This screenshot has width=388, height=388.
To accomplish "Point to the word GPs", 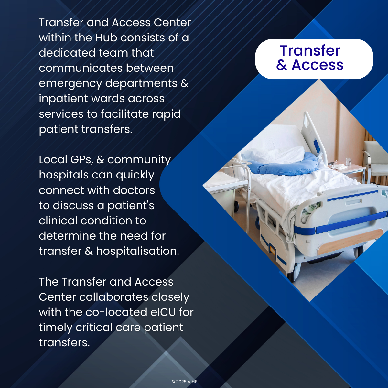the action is click(82, 160).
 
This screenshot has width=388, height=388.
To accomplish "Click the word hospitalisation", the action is click(137, 251).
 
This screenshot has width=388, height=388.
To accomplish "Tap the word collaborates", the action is click(113, 297).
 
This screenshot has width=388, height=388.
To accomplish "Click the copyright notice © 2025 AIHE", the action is click(184, 382).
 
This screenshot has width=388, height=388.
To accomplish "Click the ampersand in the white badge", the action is click(281, 65).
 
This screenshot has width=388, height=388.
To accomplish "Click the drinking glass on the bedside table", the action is click(348, 162).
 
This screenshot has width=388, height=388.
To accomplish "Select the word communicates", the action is click(81, 68).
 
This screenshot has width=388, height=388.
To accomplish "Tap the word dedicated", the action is click(67, 53).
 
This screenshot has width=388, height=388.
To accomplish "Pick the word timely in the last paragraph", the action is click(56, 328).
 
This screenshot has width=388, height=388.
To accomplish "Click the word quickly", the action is click(135, 175).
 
